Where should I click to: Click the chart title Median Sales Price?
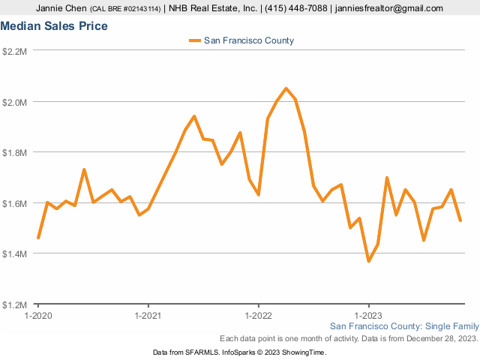tap(54, 26)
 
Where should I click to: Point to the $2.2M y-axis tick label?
tap(15, 51)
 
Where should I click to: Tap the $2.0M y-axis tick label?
tap(15, 102)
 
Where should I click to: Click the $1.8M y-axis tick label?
tap(15, 152)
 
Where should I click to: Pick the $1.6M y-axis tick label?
tap(15, 203)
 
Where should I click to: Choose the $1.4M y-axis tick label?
tap(15, 254)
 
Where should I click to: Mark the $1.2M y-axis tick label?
tap(15, 304)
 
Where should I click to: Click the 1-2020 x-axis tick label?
tap(37, 316)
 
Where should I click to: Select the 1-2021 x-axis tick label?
tap(148, 316)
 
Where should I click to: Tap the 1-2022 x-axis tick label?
tap(258, 316)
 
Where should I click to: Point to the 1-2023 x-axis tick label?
tap(368, 316)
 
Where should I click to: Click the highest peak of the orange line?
tap(286, 88)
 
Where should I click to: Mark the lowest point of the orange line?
tap(369, 261)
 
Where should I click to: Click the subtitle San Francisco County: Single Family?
tap(403, 326)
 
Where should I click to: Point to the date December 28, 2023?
tap(441, 338)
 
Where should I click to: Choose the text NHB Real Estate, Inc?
tap(211, 8)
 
